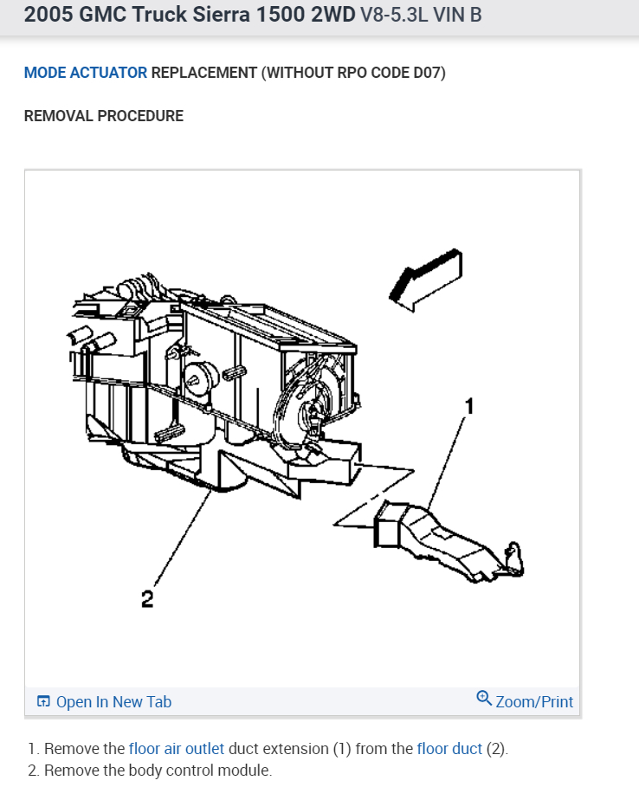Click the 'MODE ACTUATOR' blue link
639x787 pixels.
(x=86, y=73)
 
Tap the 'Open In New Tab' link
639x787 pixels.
(x=113, y=702)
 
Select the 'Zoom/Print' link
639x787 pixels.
(x=533, y=702)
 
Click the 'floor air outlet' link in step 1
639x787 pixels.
(x=177, y=749)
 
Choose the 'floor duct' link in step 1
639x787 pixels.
(x=449, y=749)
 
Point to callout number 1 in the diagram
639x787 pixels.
(x=468, y=404)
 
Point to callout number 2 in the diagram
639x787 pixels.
(x=147, y=598)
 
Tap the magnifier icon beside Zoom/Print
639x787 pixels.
(x=484, y=699)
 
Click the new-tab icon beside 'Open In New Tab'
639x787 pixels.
(x=43, y=702)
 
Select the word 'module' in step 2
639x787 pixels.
(x=248, y=771)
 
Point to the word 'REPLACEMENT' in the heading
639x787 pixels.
(x=204, y=73)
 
